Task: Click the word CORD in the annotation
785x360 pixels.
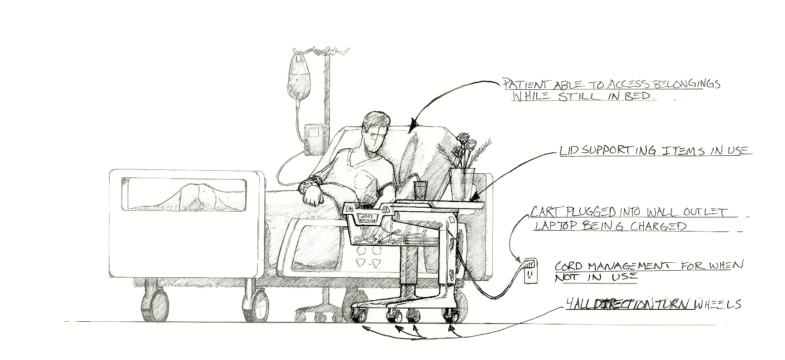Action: (x=568, y=267)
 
